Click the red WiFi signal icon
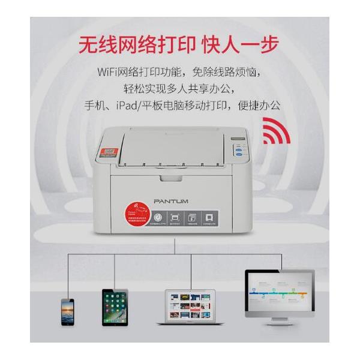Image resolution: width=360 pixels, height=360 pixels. pyautogui.click(x=277, y=133)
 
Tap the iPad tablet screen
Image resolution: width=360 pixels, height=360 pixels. pyautogui.click(x=115, y=307)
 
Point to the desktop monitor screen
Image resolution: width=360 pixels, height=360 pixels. pyautogui.click(x=279, y=292)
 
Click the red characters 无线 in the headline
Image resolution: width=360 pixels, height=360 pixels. pyautogui.click(x=98, y=45)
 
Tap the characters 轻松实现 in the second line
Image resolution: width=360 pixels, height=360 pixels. pyautogui.click(x=145, y=89)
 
